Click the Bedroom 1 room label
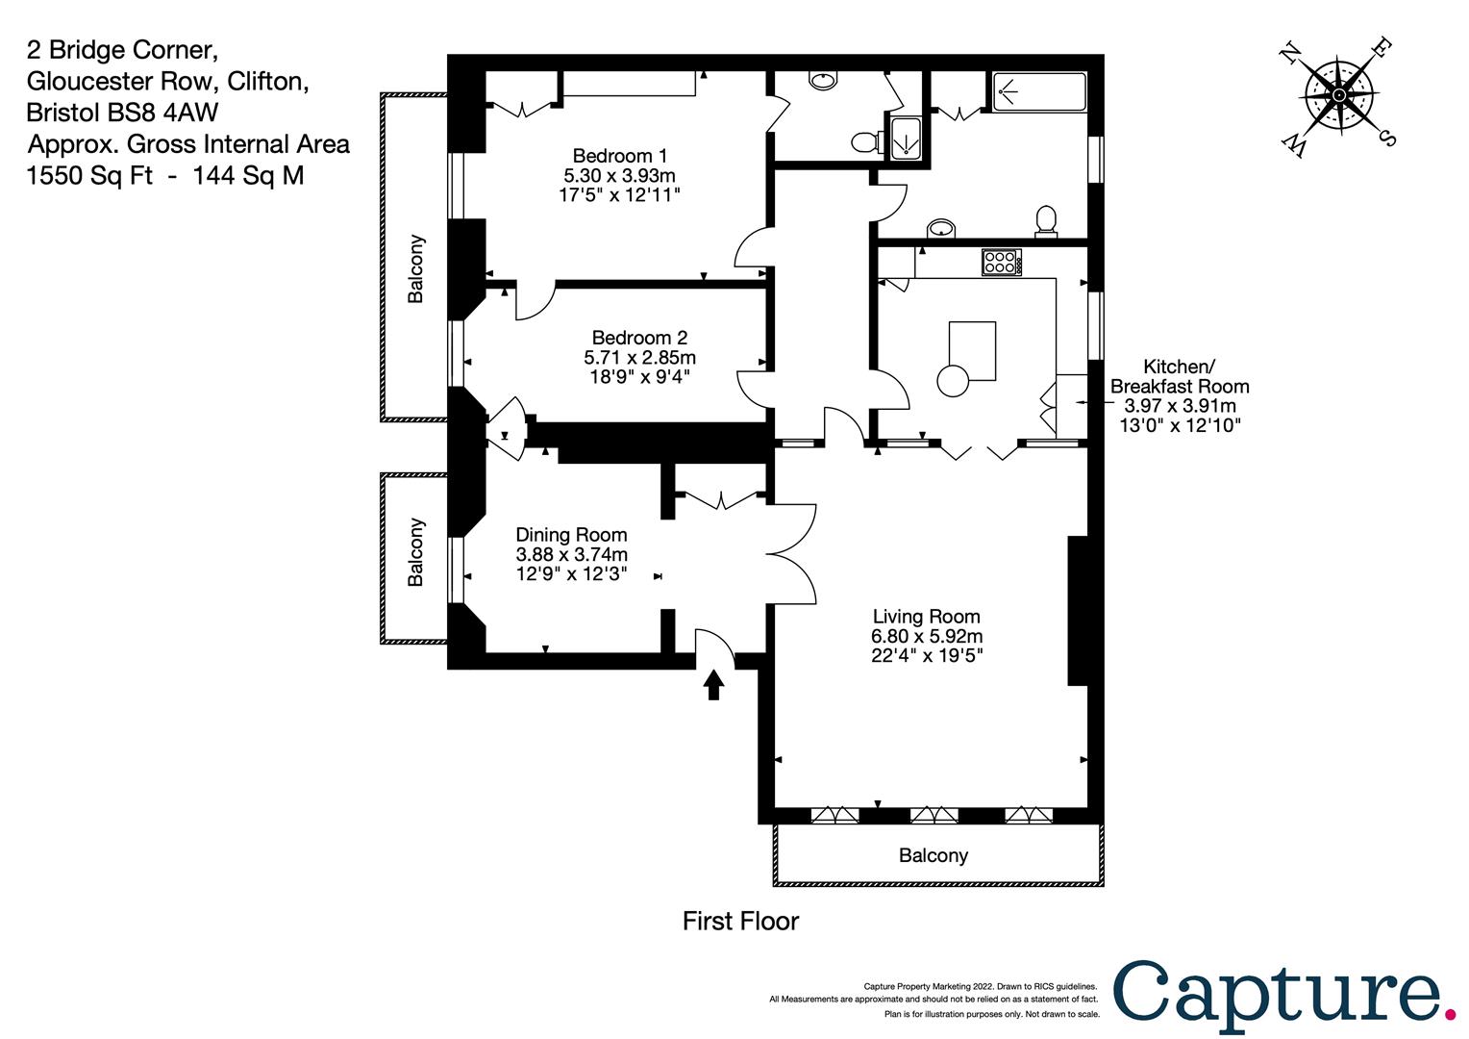pyautogui.click(x=620, y=156)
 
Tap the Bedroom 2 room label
pyautogui.click(x=639, y=338)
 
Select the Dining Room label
pyautogui.click(x=571, y=534)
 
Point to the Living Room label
pyautogui.click(x=926, y=617)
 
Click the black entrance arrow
pyautogui.click(x=713, y=685)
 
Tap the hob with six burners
pyautogui.click(x=1002, y=262)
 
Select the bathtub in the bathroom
pyautogui.click(x=1039, y=92)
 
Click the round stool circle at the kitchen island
pyautogui.click(x=953, y=381)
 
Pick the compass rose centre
pyautogui.click(x=1339, y=96)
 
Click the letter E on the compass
pyautogui.click(x=1382, y=48)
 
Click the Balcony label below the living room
pyautogui.click(x=934, y=855)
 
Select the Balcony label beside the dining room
pyautogui.click(x=415, y=552)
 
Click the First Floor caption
pyautogui.click(x=740, y=921)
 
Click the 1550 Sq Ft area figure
pyautogui.click(x=89, y=175)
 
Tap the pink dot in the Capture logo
pyautogui.click(x=1449, y=1014)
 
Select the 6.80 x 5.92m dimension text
pyautogui.click(x=927, y=636)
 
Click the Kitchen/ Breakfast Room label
pyautogui.click(x=1179, y=376)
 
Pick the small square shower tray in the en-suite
pyautogui.click(x=906, y=138)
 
